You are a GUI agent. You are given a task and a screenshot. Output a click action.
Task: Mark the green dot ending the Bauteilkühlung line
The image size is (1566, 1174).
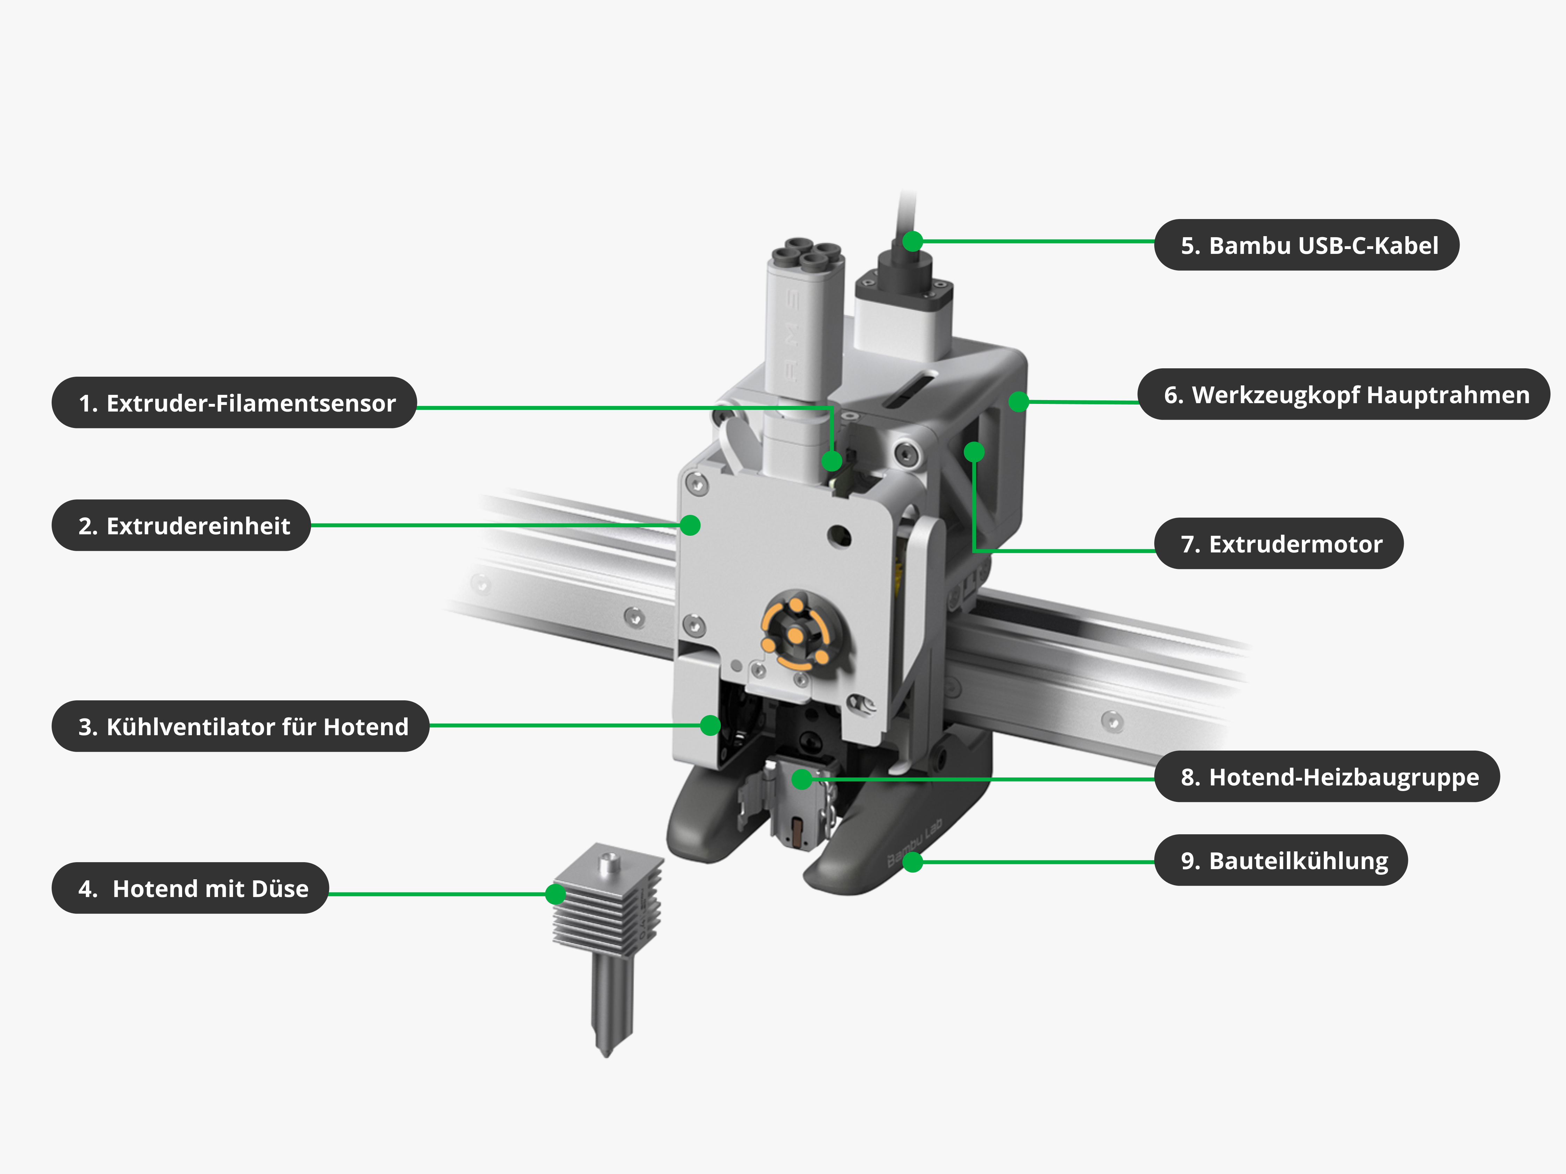coord(912,862)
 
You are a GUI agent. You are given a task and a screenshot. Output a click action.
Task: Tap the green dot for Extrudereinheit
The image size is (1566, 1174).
coord(690,525)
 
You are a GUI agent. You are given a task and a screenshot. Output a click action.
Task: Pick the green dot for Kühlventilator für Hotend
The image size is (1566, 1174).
coord(710,725)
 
